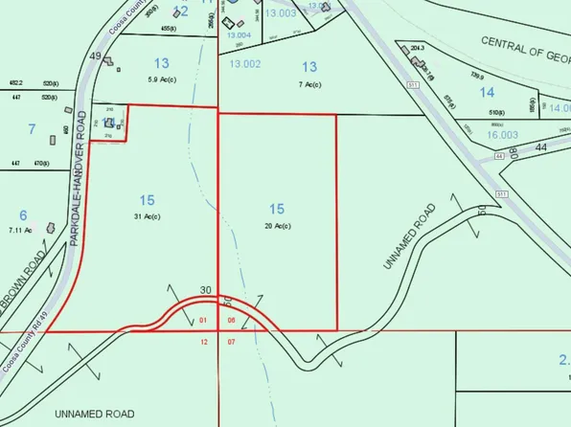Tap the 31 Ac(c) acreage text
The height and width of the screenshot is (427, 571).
147,216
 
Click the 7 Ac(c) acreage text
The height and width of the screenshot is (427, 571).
309,84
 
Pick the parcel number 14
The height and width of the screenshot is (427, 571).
487,92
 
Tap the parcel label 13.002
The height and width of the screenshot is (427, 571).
245,63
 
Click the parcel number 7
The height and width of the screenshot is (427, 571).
32,128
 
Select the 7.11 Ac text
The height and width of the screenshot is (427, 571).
22,231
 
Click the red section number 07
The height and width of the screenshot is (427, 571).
231,341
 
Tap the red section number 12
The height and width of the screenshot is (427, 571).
203,341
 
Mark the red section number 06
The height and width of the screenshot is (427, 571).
231,320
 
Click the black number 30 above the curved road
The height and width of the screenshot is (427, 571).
205,290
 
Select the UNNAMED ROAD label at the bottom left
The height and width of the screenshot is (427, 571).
95,414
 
